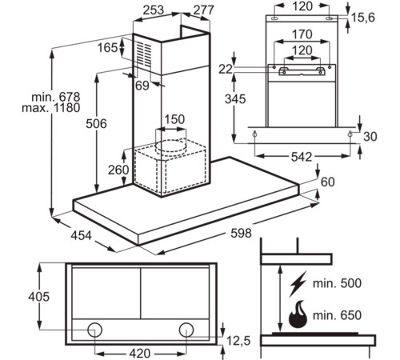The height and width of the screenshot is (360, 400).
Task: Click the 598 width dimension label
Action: [241, 233]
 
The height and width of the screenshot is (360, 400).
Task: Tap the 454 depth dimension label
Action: [81, 235]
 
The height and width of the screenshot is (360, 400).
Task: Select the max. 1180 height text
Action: [51, 108]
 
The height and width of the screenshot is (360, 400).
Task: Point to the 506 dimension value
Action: [96, 123]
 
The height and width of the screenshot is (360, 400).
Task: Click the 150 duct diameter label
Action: [174, 119]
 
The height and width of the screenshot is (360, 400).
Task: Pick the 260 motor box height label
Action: [118, 170]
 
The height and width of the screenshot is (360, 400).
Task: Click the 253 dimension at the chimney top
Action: [154, 10]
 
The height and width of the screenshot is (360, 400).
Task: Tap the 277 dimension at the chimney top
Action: [203, 10]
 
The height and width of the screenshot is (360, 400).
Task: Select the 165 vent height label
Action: [107, 48]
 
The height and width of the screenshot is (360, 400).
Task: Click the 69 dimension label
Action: [142, 86]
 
